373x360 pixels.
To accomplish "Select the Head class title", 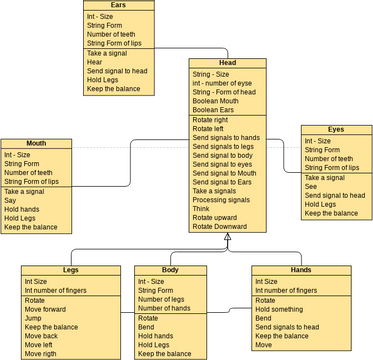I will [227, 63].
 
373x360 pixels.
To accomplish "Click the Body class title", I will [169, 271].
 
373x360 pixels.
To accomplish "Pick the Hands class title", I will [301, 271].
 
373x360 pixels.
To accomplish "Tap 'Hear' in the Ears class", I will [95, 62].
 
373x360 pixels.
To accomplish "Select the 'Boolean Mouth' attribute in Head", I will [217, 102].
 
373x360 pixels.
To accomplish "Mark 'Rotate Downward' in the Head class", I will [220, 227].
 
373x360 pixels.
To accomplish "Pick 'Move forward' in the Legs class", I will [45, 309].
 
